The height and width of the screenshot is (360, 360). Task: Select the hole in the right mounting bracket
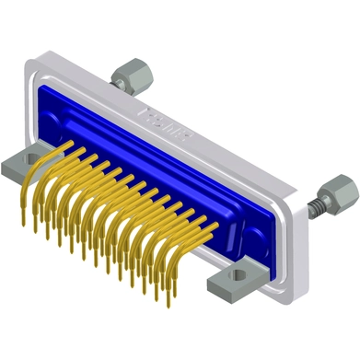(243, 273)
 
